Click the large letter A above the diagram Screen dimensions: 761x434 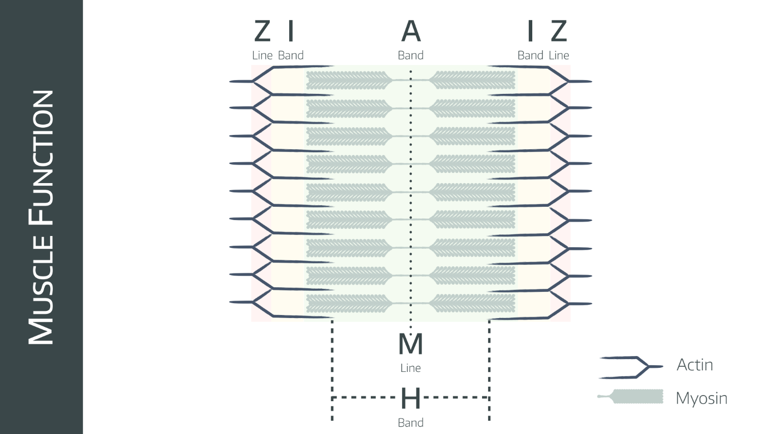pos(411,31)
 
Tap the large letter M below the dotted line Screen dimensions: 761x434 pos(410,344)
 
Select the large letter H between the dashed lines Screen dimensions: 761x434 pos(410,398)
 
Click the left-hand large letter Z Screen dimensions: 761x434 pos(262,31)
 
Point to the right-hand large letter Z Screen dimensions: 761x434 pos(559,31)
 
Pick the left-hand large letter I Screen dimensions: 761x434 pos(290,31)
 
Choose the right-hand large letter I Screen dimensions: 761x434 pos(530,31)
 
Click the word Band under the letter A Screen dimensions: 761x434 pos(411,55)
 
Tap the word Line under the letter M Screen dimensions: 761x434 pos(410,368)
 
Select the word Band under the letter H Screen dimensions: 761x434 pos(411,423)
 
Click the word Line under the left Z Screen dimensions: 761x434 pos(262,55)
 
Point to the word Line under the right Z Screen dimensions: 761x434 pos(559,55)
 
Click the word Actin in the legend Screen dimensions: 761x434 pos(695,365)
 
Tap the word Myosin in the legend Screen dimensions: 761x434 pos(702,398)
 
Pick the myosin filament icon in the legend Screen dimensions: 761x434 pos(631,396)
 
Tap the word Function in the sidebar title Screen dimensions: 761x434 pos(41,157)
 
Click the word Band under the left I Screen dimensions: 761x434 pos(291,55)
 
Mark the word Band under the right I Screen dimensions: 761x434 pos(530,55)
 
